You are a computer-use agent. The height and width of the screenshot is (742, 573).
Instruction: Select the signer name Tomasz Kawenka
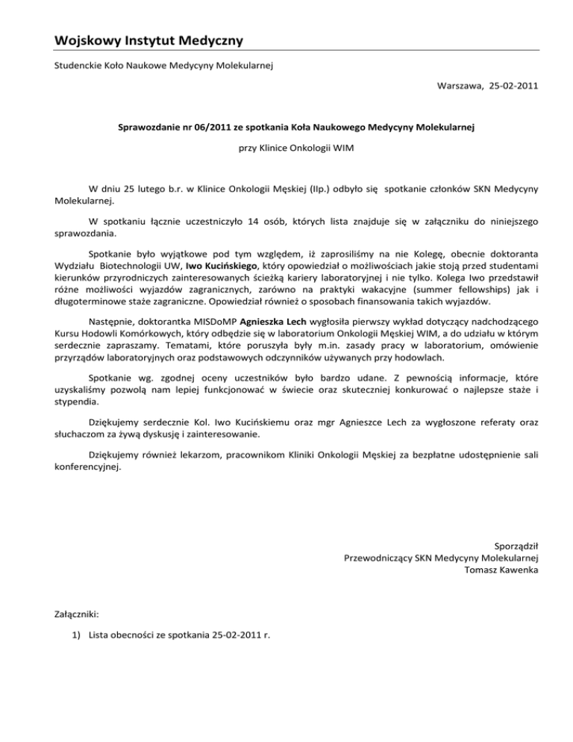click(502, 570)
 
